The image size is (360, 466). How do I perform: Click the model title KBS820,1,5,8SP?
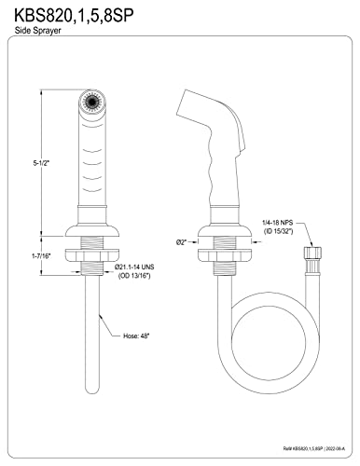coord(74,15)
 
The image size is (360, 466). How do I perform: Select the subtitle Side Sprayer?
coord(37,31)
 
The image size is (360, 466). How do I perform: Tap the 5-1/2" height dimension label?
coord(42,163)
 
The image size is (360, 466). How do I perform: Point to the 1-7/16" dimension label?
coord(41,256)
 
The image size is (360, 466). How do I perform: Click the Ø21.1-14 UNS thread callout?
coord(134,267)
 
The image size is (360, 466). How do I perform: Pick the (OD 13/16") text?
coord(134,276)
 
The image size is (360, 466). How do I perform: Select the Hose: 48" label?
coord(136,336)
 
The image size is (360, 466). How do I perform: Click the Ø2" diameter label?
coord(181,242)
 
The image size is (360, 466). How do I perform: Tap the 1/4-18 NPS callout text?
coord(278,223)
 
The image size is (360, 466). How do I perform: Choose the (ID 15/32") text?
coord(279,231)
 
